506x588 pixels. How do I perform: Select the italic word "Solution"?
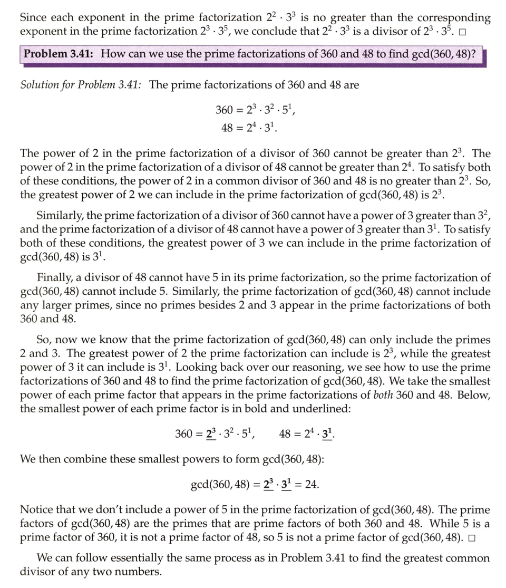click(40, 85)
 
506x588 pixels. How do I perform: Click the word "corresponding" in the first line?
click(453, 17)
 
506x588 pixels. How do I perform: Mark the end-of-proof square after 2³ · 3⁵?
click(462, 32)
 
